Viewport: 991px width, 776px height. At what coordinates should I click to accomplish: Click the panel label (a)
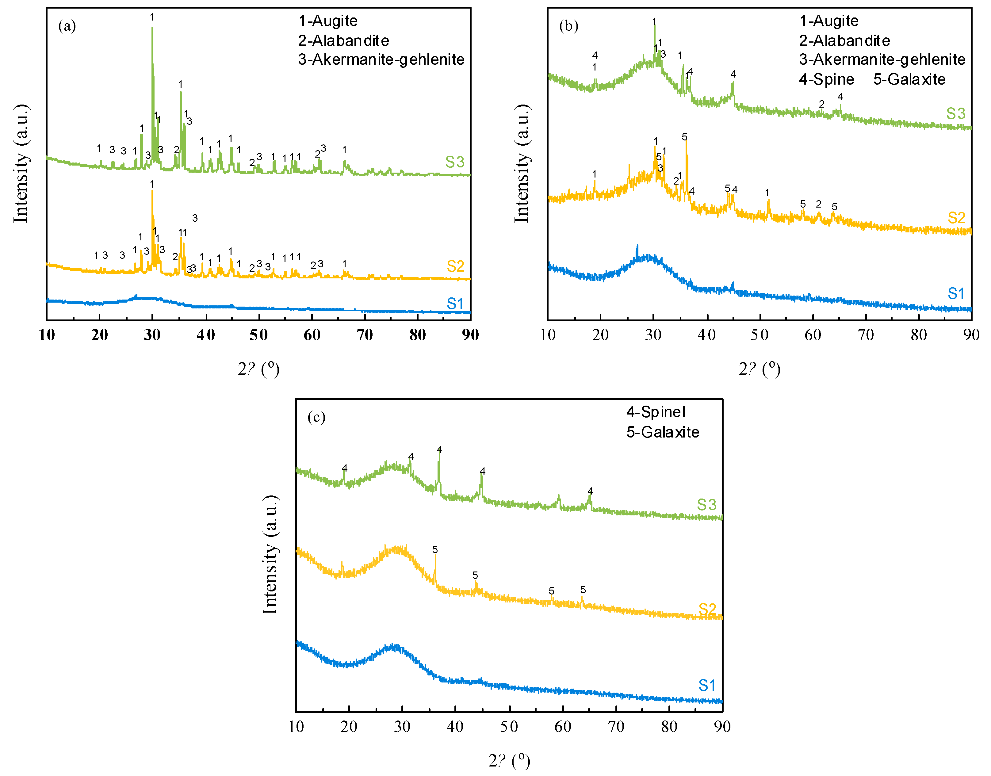pos(67,26)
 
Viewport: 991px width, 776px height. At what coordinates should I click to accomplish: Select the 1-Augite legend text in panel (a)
pos(327,21)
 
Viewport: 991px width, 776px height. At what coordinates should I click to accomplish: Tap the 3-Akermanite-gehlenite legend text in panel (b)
pos(882,59)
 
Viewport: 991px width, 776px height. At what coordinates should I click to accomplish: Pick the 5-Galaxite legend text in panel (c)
pos(663,432)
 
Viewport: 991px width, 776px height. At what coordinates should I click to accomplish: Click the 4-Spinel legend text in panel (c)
pos(655,412)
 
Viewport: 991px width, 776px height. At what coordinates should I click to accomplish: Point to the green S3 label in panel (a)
pos(454,162)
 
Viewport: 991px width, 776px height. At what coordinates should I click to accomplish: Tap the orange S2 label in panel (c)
pos(707,609)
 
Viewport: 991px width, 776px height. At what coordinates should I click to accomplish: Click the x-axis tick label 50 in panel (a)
pos(258,335)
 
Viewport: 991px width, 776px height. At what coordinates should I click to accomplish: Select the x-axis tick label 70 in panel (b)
pos(865,335)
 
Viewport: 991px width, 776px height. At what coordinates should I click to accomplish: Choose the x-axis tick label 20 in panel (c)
pos(349,726)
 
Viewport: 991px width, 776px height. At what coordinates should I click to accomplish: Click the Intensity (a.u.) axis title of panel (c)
pos(270,555)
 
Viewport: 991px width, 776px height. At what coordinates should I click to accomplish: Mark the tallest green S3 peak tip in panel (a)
pos(152,28)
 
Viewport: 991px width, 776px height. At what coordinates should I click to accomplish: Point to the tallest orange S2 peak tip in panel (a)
pos(152,191)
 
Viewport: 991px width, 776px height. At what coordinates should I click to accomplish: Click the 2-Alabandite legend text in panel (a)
pos(343,41)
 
